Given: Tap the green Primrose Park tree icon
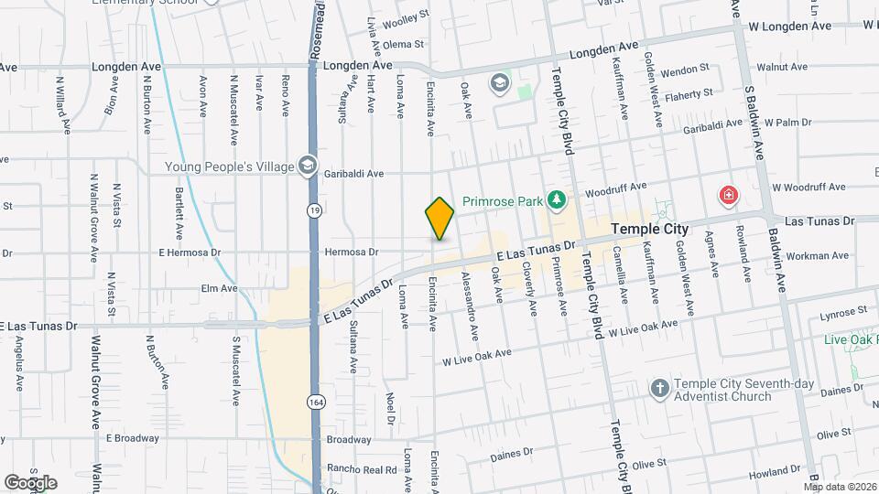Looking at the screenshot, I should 556,199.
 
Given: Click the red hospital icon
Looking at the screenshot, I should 728,195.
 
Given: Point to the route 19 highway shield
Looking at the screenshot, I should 314,209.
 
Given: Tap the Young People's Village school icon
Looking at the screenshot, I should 308,166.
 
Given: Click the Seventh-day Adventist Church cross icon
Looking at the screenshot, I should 658,389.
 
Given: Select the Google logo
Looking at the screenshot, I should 30,482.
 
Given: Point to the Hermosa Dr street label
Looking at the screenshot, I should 353,252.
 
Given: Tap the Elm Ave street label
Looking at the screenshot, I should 219,288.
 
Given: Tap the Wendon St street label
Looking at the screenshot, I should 685,69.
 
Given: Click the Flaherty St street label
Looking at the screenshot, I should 689,93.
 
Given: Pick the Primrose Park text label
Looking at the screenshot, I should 503,199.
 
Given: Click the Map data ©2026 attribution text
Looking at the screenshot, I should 838,486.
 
